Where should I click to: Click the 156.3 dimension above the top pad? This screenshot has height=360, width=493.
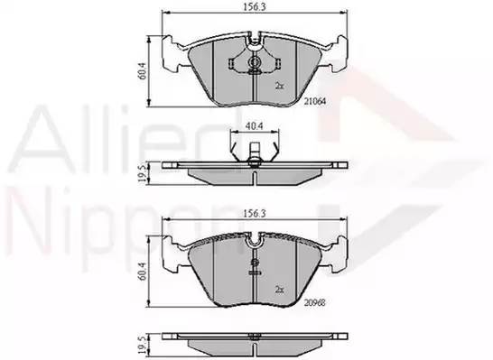click(x=255, y=7)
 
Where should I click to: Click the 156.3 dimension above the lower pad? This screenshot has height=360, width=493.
click(x=255, y=214)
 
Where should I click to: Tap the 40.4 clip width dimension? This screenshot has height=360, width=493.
click(x=255, y=125)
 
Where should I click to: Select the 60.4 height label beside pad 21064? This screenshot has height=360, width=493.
click(x=142, y=71)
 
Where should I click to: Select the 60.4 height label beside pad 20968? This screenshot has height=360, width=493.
click(x=142, y=272)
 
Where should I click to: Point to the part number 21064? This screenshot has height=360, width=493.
click(x=315, y=101)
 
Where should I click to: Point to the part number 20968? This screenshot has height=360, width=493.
click(x=315, y=302)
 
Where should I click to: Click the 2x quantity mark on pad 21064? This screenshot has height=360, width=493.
click(x=280, y=86)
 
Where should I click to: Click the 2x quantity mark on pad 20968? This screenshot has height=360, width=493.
click(x=280, y=290)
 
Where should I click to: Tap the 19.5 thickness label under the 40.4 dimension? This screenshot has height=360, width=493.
click(x=143, y=174)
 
